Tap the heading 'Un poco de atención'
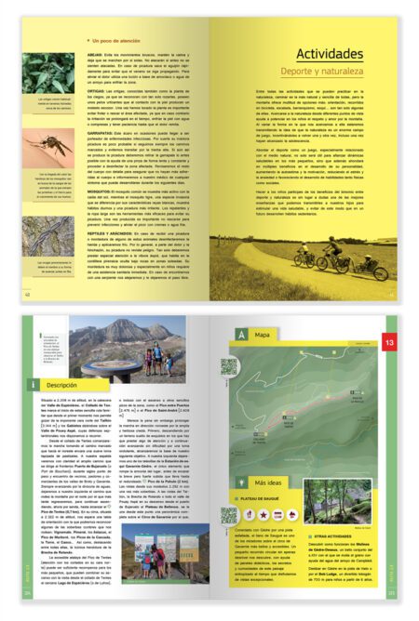[x=118, y=41]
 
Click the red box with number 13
[x=391, y=344]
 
